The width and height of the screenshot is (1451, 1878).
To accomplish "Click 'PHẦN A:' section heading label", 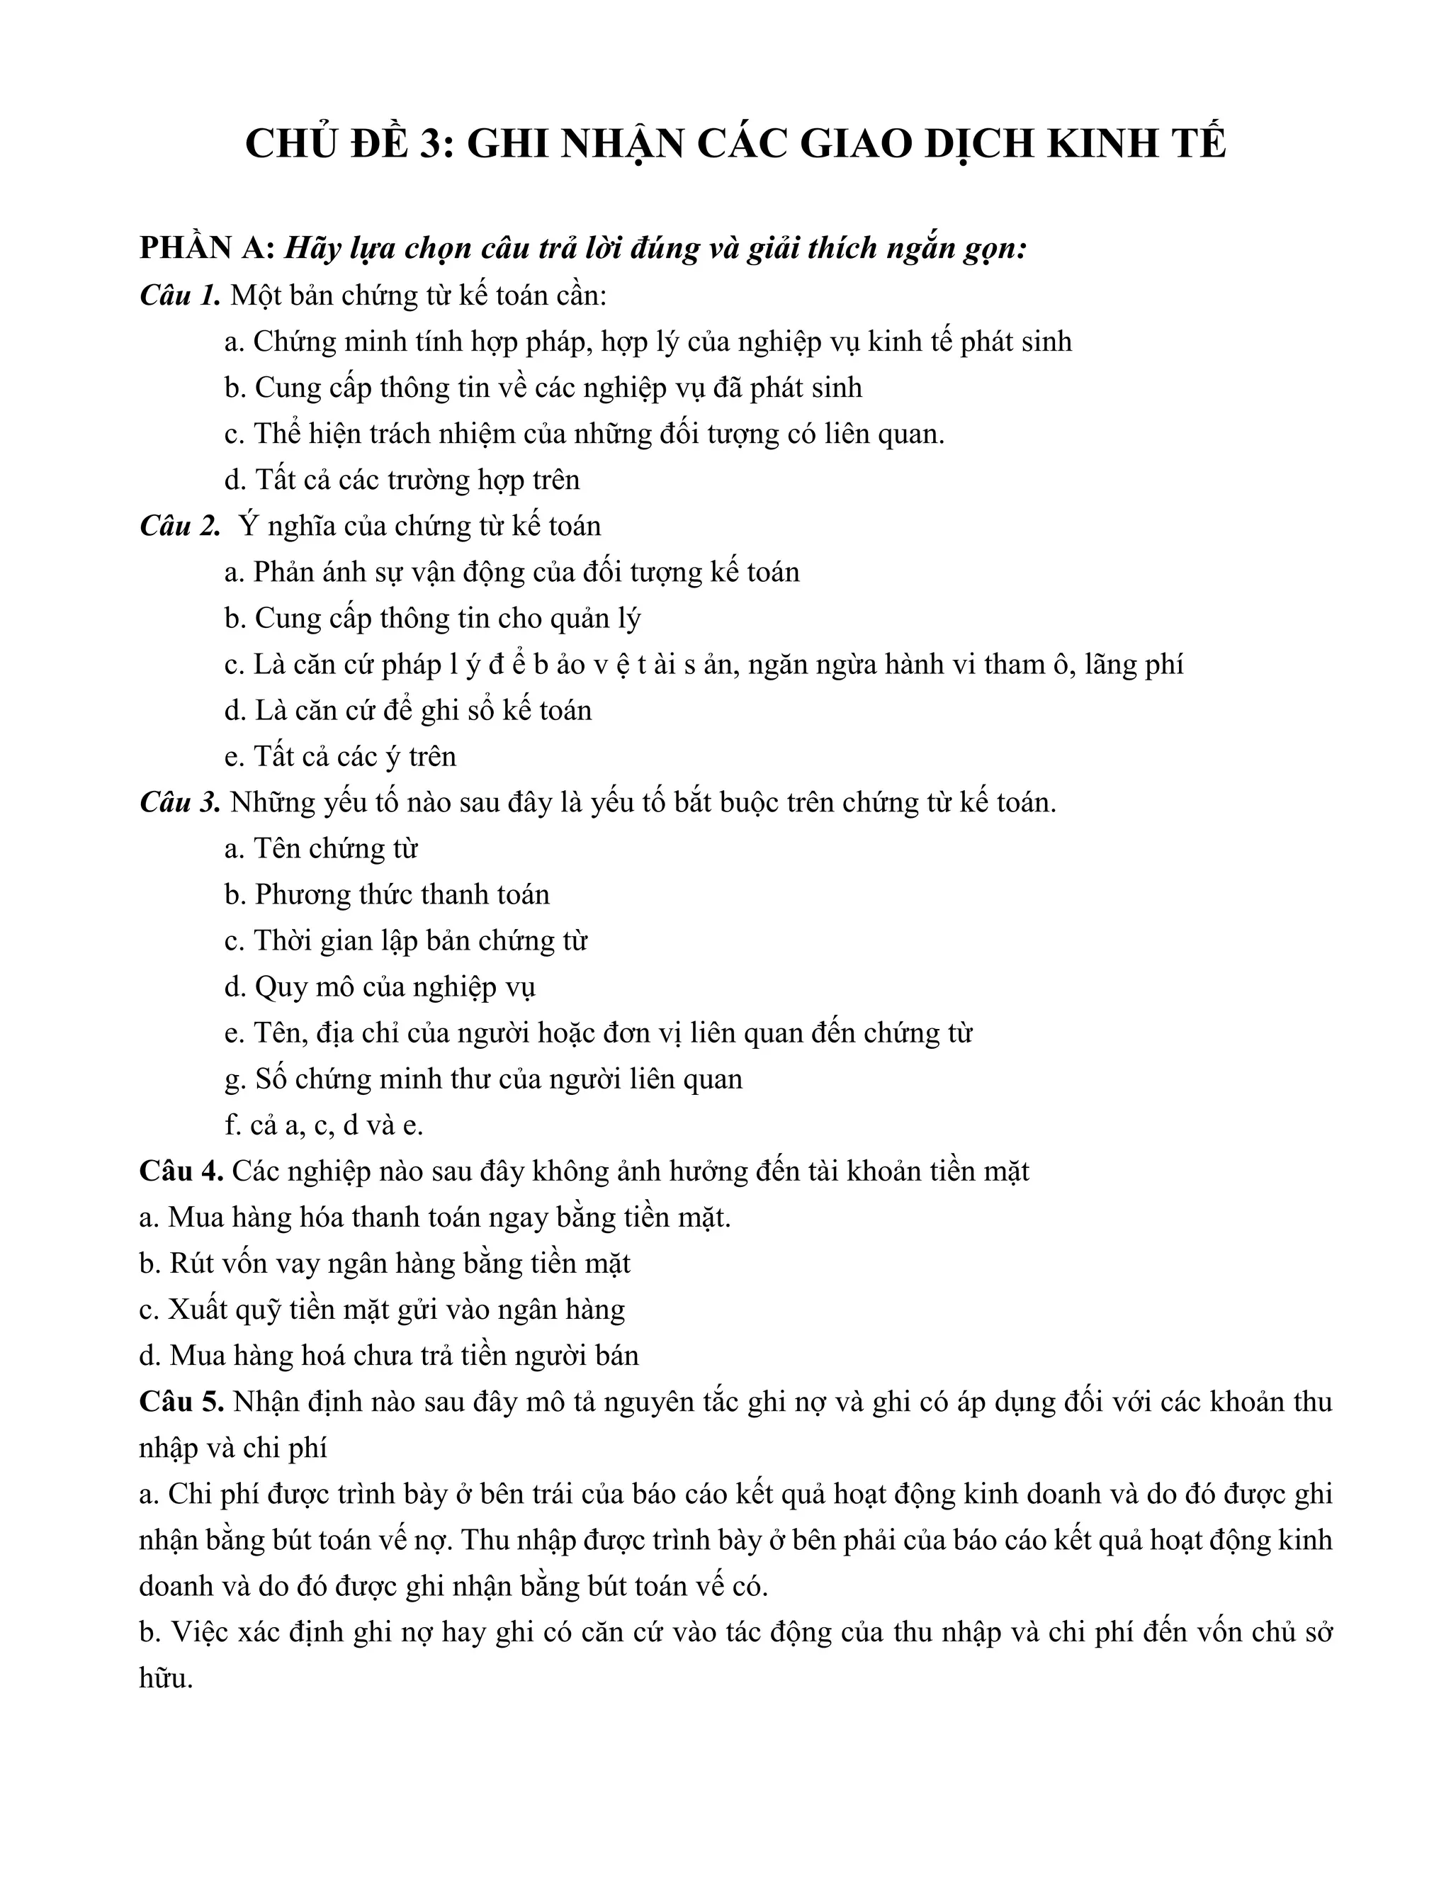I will coord(207,249).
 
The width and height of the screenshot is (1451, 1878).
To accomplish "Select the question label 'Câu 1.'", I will coord(181,295).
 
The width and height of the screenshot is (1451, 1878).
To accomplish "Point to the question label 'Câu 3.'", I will coord(181,802).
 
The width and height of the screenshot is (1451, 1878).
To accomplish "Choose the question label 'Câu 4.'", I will coord(181,1171).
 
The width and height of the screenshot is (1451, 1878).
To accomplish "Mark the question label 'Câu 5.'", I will coord(181,1402).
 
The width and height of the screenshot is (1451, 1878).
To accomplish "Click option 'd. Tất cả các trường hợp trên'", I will coord(402,480).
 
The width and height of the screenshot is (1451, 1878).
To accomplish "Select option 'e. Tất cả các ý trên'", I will coord(339,757).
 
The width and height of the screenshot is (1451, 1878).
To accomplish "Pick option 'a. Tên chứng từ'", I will coord(321,849).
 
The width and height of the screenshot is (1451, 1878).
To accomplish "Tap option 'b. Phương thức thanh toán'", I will coord(387,895).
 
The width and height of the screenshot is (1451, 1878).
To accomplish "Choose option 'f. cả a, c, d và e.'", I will coord(324,1125).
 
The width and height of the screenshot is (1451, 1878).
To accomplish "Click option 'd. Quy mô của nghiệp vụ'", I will coord(380,987).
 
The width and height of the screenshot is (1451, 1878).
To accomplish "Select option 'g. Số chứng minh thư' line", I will coord(483,1079).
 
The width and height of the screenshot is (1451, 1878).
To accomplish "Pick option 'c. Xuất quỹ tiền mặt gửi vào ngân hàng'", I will coord(382,1310).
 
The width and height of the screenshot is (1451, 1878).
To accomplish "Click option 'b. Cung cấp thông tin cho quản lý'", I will coord(432,618).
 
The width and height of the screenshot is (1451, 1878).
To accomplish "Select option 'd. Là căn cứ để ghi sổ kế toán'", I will coord(407,710).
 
